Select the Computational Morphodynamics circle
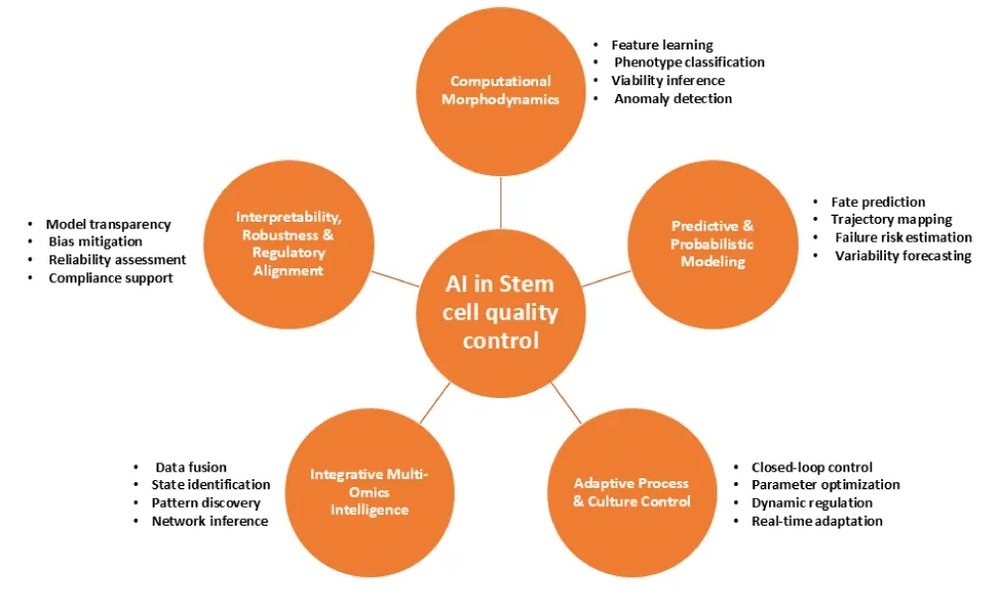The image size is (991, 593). (x=499, y=91)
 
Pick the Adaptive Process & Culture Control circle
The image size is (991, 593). (x=631, y=492)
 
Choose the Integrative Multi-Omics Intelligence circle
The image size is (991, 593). (x=369, y=492)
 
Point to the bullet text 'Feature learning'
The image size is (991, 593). (x=662, y=45)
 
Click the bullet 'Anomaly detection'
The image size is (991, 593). (x=673, y=98)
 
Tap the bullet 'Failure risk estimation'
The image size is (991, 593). (x=903, y=238)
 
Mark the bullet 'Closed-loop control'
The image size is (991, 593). (x=812, y=467)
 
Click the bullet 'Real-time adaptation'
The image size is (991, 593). (x=817, y=521)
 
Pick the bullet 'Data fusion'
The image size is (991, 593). (x=191, y=467)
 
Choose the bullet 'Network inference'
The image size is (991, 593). (x=209, y=521)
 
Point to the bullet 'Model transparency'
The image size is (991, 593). (x=108, y=225)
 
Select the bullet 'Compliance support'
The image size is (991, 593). (x=111, y=278)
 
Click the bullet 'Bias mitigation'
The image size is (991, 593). (x=95, y=243)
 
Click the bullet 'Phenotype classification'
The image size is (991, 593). (x=690, y=62)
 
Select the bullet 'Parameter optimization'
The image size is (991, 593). (x=826, y=485)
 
